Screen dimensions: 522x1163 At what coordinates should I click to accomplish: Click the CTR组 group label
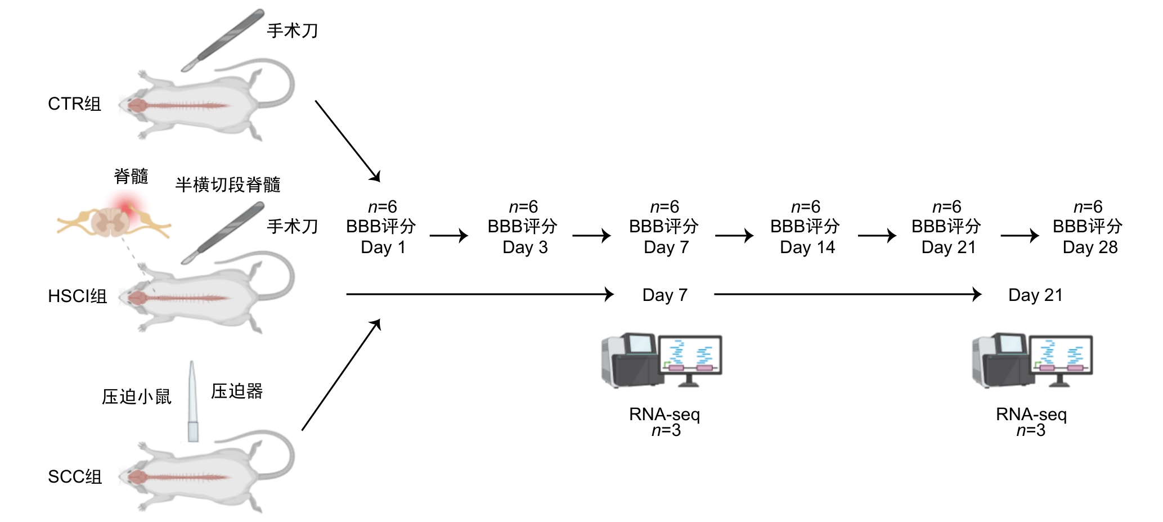(74, 104)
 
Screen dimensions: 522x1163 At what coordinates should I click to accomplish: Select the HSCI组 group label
(77, 296)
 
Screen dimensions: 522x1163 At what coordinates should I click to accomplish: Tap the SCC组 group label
(75, 477)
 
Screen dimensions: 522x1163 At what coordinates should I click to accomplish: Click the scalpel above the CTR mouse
(223, 40)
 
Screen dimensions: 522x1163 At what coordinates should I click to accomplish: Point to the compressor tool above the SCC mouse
(192, 401)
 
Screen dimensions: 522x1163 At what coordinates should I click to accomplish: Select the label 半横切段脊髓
(227, 184)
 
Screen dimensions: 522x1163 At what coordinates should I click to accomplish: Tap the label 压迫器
(237, 391)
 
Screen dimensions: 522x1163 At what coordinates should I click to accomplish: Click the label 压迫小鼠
(136, 397)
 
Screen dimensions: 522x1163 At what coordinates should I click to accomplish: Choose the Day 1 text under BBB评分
(383, 247)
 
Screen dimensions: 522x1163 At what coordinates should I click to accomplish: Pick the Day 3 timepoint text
(524, 247)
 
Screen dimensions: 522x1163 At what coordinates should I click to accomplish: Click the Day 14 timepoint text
(807, 247)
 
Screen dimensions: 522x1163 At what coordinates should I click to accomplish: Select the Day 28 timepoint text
(1090, 247)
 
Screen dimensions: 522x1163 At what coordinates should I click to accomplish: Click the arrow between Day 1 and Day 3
(448, 236)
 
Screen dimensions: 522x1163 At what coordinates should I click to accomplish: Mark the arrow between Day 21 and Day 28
(1020, 236)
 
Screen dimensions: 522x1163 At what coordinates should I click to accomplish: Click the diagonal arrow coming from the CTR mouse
(348, 141)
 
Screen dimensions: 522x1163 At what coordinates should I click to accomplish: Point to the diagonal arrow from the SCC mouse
(341, 375)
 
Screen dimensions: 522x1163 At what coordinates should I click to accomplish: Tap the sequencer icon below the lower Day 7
(662, 361)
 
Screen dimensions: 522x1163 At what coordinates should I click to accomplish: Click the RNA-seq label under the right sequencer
(1031, 415)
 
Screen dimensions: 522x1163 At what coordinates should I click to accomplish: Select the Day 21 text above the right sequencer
(1035, 295)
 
